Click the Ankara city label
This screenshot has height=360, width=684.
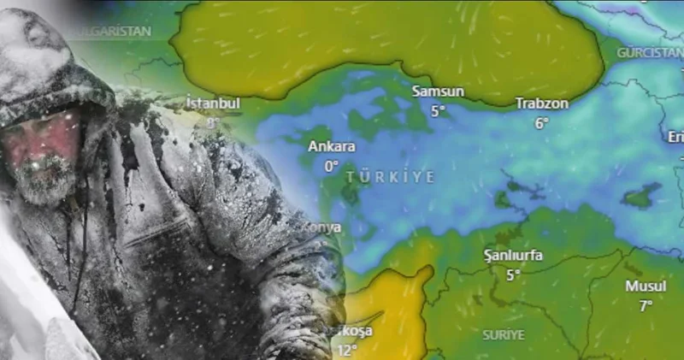332,146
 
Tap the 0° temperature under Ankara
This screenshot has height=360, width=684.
332,166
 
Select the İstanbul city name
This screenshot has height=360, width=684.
214,103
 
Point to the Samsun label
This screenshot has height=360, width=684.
438,91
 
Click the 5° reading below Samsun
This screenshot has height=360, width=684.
439,110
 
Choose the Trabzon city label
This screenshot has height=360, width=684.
541,103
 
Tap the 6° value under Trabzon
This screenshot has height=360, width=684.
541,123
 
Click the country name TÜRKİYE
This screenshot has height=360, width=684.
391,176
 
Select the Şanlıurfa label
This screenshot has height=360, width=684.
513,255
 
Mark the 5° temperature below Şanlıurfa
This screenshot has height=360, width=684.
513,274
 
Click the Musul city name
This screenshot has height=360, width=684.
646,286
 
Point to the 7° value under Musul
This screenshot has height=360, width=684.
646,304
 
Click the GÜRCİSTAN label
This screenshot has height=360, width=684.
649,52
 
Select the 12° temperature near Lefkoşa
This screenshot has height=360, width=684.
346,350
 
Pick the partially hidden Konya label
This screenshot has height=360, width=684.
327,227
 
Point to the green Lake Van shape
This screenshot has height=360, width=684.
642,196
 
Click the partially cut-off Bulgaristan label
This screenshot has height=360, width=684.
111,32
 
